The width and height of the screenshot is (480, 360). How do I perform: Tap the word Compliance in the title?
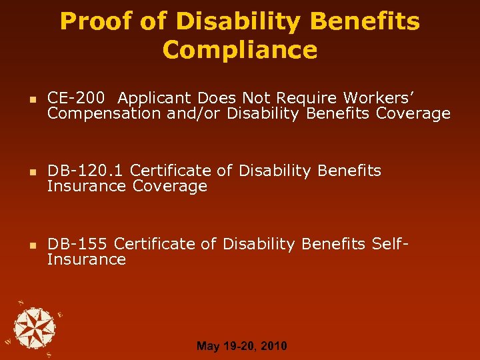240,50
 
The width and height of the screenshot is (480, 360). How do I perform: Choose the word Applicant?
147,98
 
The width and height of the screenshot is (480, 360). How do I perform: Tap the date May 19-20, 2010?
242,346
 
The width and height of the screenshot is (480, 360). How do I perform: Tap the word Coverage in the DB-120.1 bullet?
170,187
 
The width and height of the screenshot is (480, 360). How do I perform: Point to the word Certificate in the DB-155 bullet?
166,244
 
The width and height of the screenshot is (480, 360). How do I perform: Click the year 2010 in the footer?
274,346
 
